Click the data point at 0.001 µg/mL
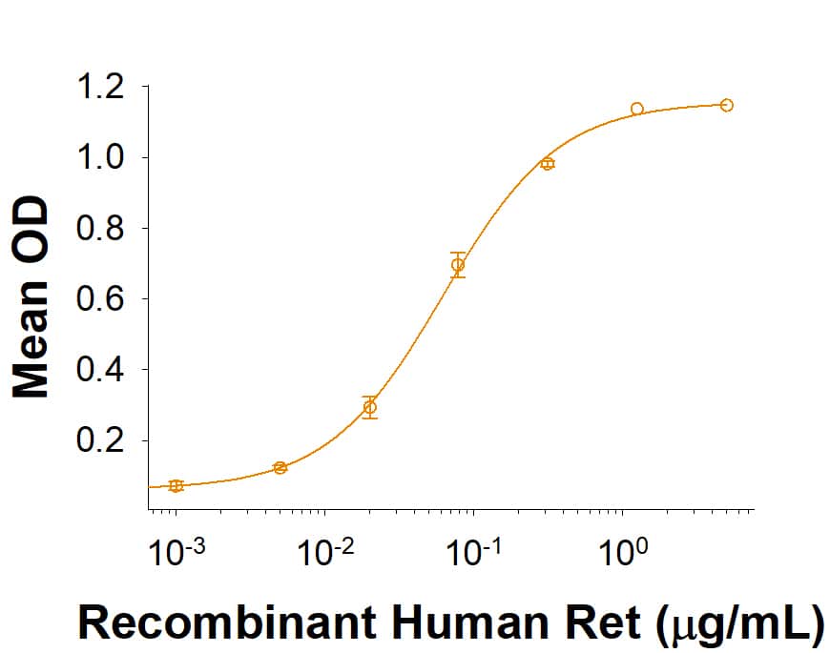[176, 486]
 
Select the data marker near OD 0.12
[280, 467]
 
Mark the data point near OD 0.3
[370, 407]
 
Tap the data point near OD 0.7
[458, 265]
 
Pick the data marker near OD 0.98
[547, 164]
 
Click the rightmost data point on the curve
[727, 105]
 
